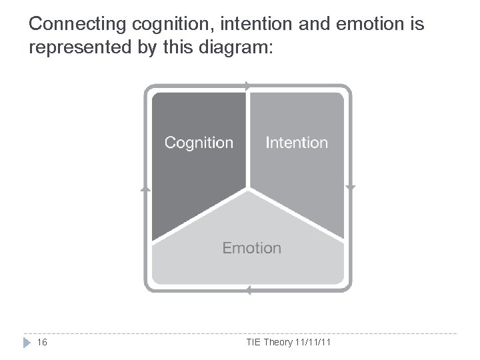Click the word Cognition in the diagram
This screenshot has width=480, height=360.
coord(199,143)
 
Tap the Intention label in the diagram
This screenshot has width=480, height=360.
coord(297,143)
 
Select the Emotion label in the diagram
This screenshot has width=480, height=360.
coord(251,248)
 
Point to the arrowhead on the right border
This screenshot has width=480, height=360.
coord(351,188)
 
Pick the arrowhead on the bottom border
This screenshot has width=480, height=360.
coord(247,291)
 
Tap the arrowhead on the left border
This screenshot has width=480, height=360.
coord(145,189)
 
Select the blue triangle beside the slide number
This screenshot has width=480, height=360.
coord(26,343)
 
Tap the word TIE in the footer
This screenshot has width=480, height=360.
coord(254,343)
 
